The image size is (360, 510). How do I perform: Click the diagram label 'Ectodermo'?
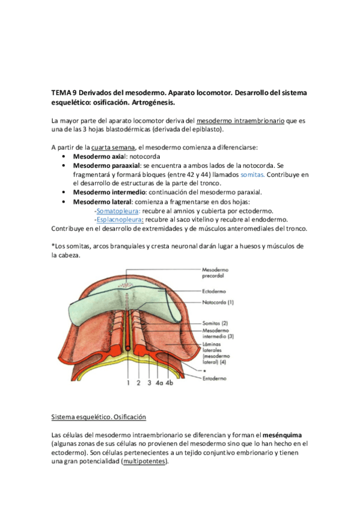point(218,291)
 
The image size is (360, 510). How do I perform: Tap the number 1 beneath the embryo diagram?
point(128,365)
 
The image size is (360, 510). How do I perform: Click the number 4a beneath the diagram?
point(159,365)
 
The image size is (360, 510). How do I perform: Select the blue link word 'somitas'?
point(251,174)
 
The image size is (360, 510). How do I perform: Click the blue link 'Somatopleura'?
point(117,210)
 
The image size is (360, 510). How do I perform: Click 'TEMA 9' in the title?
point(64,93)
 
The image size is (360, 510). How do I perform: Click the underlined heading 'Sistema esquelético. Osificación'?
point(99,417)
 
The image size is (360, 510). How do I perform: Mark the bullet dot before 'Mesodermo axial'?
point(64,156)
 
